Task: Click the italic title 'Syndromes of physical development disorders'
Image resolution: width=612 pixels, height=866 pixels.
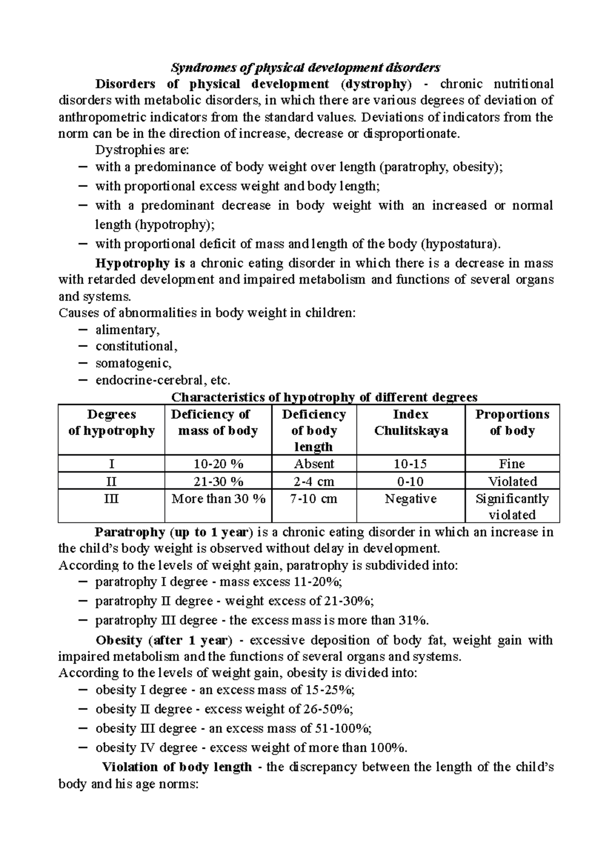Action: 305,67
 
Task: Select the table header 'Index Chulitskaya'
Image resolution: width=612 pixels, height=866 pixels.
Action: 411,423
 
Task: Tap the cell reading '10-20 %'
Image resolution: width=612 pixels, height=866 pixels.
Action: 218,464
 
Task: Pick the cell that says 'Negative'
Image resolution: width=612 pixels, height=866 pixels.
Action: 411,499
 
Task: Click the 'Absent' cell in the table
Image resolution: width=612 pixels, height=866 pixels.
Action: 314,464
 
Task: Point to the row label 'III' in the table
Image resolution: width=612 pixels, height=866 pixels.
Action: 111,499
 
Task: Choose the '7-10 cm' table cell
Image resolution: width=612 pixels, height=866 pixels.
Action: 314,499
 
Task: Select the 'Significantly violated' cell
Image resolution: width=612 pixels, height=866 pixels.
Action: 512,506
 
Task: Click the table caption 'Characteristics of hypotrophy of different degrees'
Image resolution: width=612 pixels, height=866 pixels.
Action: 324,397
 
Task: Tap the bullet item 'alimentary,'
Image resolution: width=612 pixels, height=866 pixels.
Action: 127,330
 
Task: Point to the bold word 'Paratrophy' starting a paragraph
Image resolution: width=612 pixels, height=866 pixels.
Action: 130,532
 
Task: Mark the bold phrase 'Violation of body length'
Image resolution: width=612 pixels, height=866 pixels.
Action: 177,767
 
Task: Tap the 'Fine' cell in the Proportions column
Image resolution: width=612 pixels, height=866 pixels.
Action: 512,464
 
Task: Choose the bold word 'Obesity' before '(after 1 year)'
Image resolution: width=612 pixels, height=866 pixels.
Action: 119,640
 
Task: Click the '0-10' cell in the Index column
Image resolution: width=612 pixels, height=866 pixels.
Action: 411,481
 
